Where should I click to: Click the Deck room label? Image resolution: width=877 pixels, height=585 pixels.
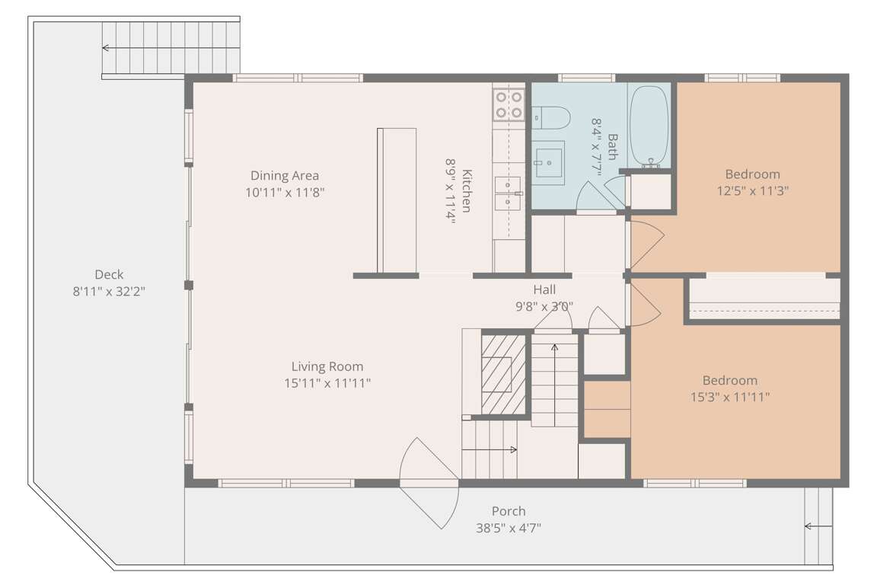[109, 274]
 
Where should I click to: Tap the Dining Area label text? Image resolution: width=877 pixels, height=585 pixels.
[285, 176]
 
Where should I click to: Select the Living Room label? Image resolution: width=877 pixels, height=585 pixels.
[327, 366]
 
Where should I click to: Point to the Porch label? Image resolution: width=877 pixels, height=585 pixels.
[509, 511]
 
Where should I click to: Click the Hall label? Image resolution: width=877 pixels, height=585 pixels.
[544, 289]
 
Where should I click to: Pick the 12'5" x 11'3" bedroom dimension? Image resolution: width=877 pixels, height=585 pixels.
[753, 191]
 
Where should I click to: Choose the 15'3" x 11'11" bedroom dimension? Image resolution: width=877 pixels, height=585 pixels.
[730, 397]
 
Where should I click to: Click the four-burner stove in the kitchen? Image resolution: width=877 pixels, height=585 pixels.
[509, 104]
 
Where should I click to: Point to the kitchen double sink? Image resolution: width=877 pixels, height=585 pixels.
[509, 193]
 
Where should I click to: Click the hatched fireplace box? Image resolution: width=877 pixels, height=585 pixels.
[503, 374]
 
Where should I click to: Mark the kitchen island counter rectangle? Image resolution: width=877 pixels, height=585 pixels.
[397, 200]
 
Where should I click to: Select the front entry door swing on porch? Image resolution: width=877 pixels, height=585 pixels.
[429, 483]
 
